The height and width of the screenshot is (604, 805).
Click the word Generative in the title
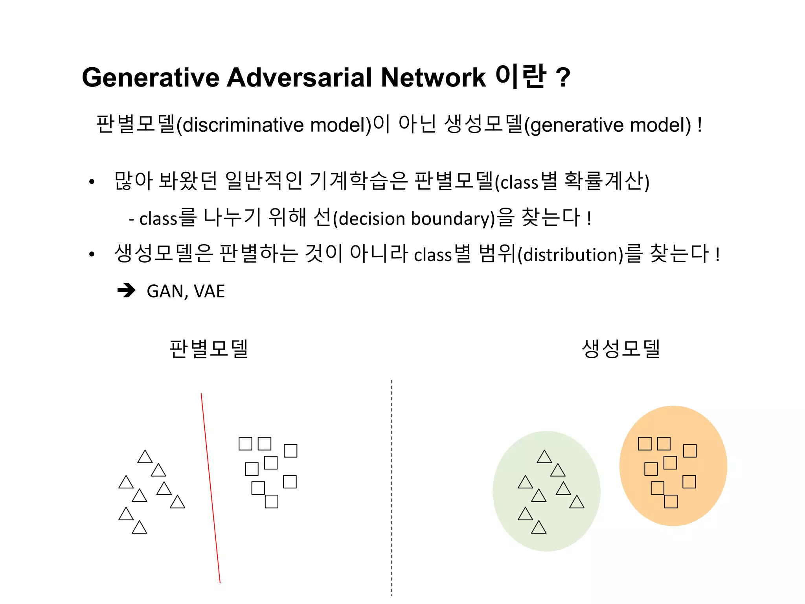click(151, 77)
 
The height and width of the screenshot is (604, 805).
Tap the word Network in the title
click(433, 77)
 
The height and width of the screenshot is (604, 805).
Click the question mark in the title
click(563, 77)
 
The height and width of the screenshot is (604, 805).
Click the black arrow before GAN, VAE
click(127, 291)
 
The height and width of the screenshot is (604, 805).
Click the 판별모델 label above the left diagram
click(209, 349)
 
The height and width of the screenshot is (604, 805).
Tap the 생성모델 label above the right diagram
click(621, 349)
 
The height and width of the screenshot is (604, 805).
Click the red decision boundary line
click(211, 488)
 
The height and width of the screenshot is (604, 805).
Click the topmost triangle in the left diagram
click(145, 457)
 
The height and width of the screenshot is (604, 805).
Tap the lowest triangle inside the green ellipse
click(539, 528)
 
